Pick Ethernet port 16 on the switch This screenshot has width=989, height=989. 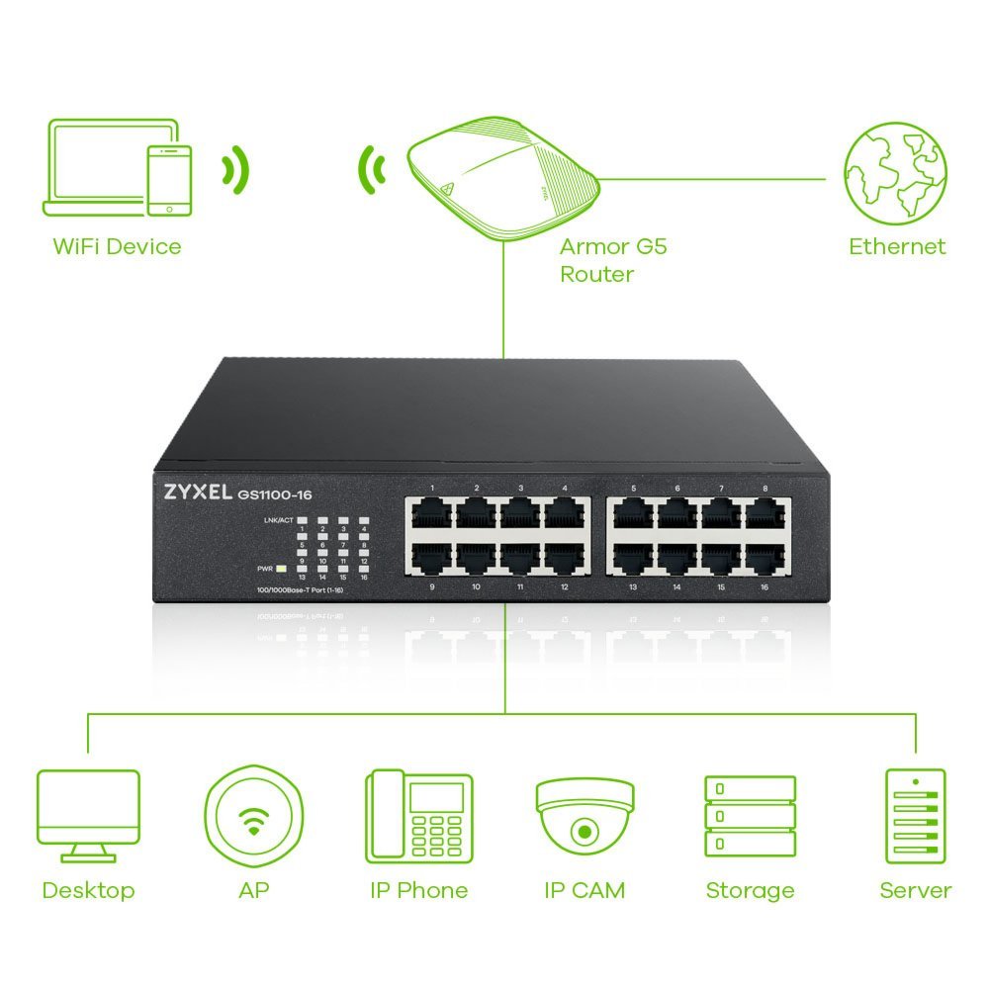click(x=765, y=558)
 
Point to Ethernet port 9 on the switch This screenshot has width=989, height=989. click(x=432, y=558)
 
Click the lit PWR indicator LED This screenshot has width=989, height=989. click(x=282, y=569)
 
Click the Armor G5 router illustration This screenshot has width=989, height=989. click(x=502, y=176)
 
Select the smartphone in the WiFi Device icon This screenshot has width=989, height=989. click(x=169, y=179)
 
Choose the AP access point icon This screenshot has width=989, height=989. click(x=253, y=815)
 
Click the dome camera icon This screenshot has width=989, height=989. click(x=584, y=814)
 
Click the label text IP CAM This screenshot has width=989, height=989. click(x=584, y=890)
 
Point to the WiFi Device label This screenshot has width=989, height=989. click(x=117, y=246)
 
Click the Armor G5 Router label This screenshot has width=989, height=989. click(x=613, y=260)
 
